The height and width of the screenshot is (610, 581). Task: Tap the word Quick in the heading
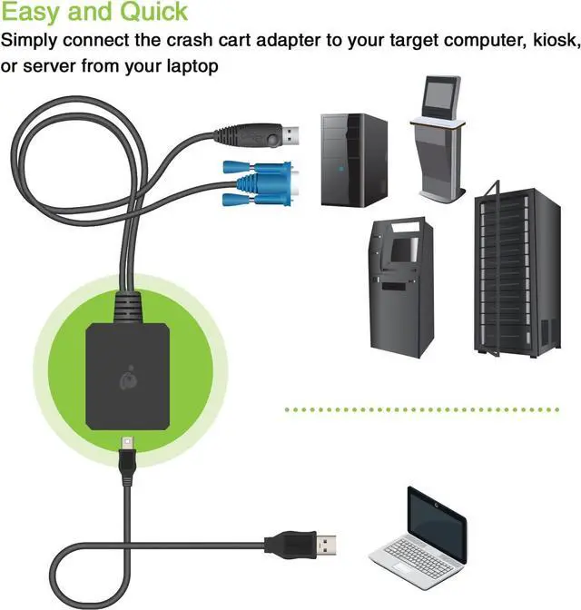click(x=150, y=13)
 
